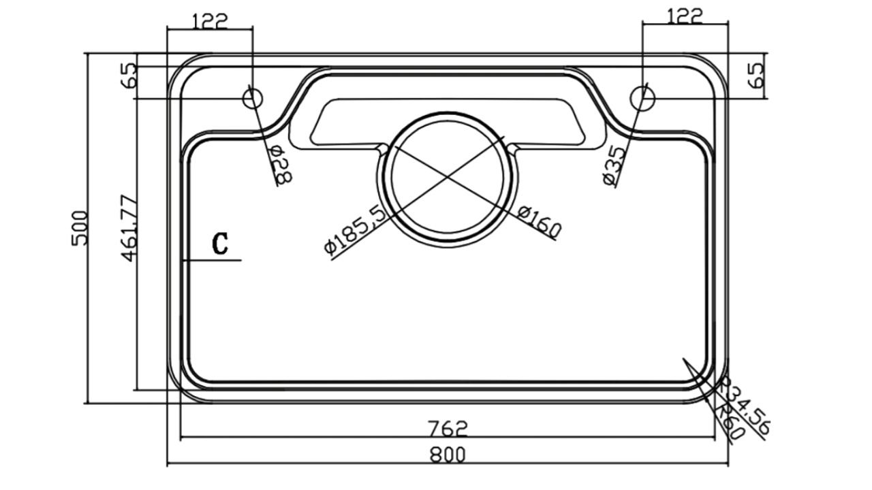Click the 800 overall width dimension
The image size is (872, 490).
tap(448, 455)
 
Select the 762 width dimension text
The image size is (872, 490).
tap(448, 429)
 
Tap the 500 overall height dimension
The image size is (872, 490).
tap(80, 228)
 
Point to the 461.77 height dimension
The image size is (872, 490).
tap(129, 228)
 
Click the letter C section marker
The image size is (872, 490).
tap(220, 244)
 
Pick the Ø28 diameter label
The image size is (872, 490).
tap(281, 165)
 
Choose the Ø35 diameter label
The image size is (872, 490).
tap(614, 165)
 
